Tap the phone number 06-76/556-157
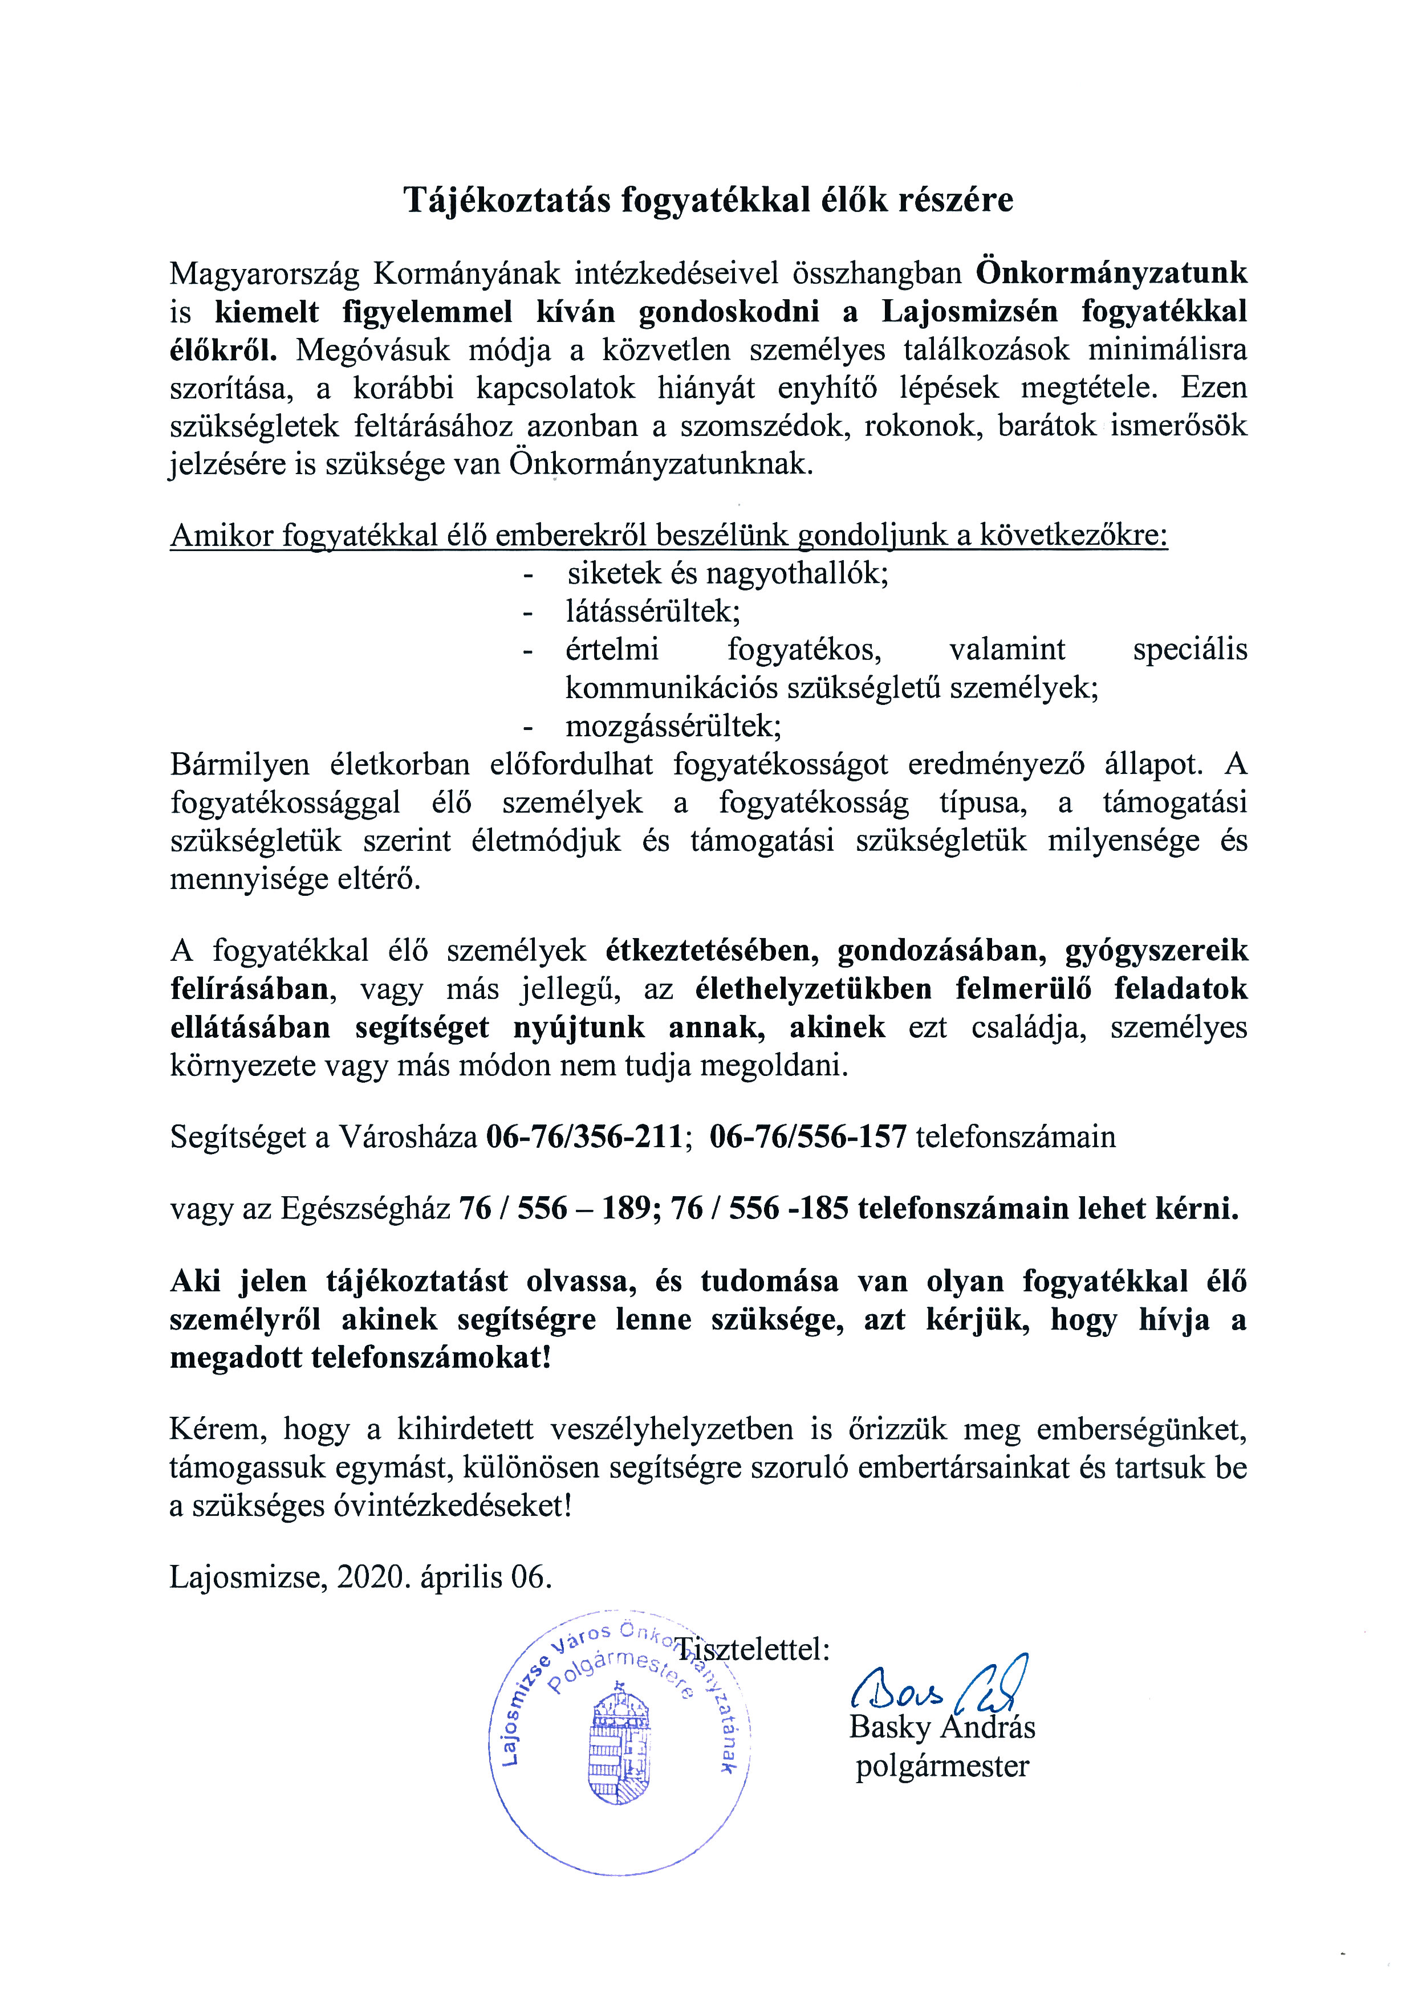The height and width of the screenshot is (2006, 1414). point(808,1137)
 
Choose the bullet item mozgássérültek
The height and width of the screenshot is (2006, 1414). point(673,726)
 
